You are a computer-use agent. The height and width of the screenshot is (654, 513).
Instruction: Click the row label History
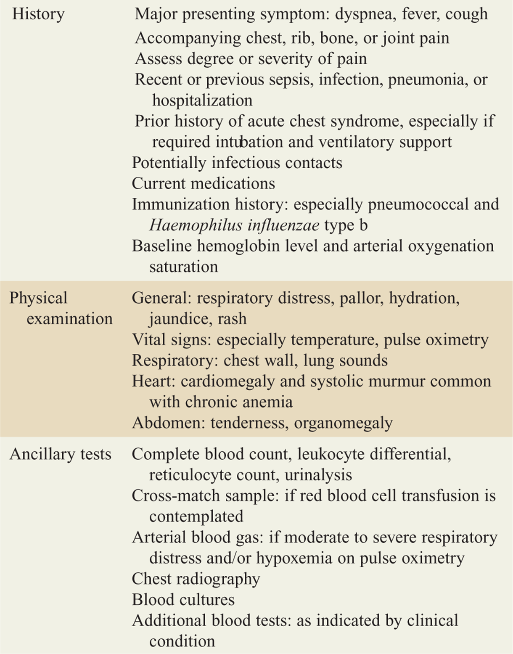tap(38, 14)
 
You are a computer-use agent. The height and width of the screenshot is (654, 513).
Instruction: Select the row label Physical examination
tap(61, 308)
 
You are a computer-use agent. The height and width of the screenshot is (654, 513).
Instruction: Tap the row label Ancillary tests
tap(61, 454)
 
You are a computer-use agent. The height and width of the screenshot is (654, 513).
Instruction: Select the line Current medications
tap(204, 183)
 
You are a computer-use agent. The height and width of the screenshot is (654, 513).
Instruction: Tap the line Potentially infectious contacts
tap(237, 163)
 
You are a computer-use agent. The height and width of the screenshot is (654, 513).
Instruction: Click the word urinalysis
tap(318, 475)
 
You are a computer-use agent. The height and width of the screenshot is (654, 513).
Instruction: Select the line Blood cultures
tap(183, 599)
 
